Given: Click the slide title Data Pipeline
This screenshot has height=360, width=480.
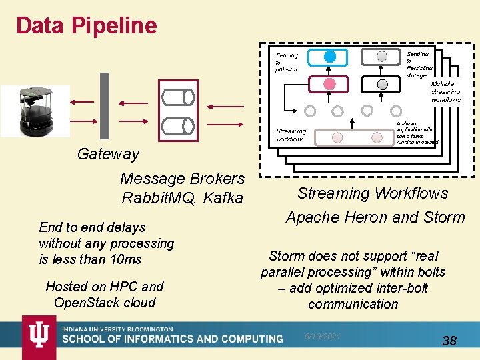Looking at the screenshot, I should click(87, 25).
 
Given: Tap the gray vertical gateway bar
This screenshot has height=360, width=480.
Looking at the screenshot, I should click(103, 111).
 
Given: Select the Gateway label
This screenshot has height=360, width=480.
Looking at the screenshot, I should click(108, 154).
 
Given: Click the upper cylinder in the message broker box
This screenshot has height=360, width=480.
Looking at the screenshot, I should click(178, 98).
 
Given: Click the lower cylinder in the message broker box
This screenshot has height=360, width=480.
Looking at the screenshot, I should click(178, 125).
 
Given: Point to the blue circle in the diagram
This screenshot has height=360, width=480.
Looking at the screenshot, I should click(330, 56).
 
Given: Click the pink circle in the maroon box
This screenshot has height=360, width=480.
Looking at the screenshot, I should click(329, 84).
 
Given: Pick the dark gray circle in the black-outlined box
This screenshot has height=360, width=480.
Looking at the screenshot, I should click(382, 84).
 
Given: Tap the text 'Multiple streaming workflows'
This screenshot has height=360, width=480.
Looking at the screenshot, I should click(445, 92).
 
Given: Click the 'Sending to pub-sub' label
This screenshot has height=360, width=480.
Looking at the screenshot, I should click(287, 62).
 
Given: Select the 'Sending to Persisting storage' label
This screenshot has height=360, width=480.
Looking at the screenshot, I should click(419, 65).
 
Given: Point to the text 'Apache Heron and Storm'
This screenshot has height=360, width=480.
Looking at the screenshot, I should click(375, 217).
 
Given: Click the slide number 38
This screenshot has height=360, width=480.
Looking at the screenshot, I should click(449, 341).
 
